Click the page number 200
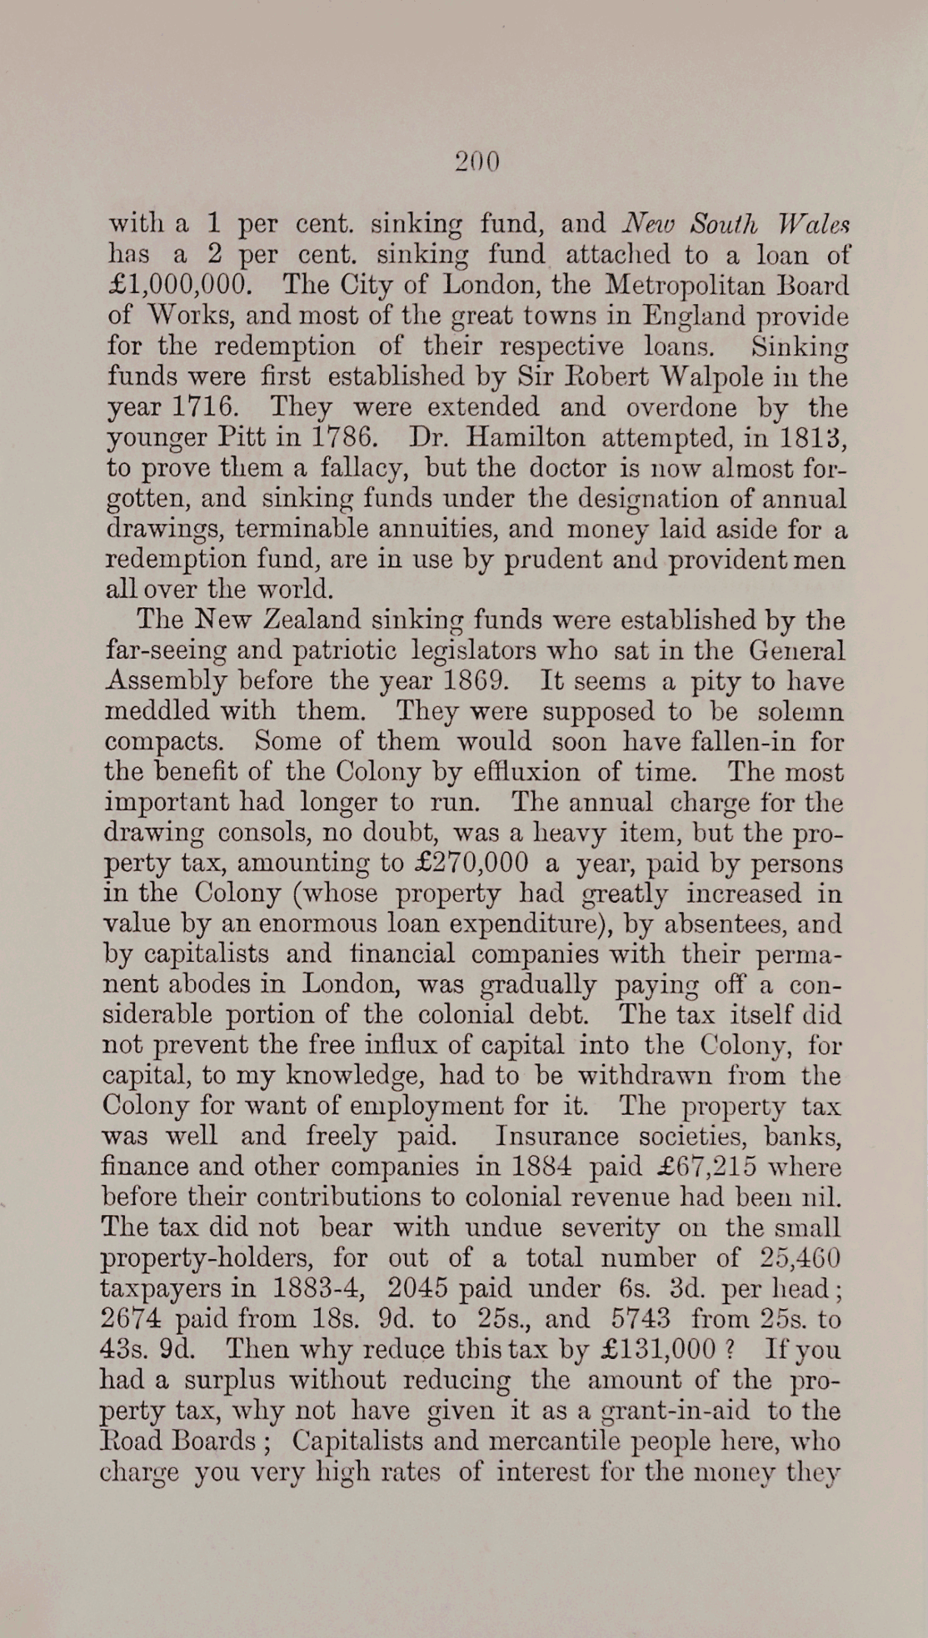[x=477, y=161]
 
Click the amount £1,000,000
[x=179, y=285]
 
